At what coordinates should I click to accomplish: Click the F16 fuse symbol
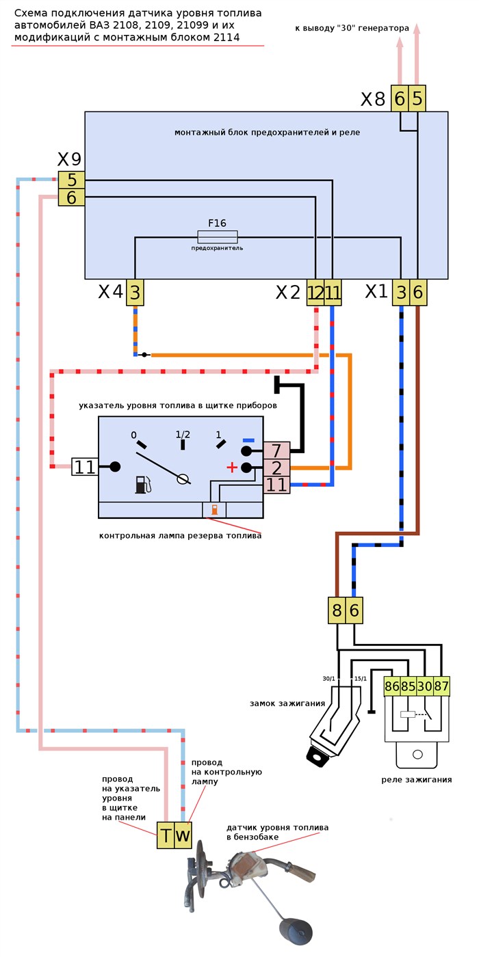[x=218, y=237]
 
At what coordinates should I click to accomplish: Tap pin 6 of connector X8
[x=400, y=100]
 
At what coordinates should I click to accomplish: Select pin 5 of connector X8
[x=417, y=100]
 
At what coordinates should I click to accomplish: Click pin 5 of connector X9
[x=71, y=180]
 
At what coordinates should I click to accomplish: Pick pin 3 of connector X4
[x=135, y=293]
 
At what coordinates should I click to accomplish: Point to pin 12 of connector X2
[x=315, y=293]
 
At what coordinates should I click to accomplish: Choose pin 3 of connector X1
[x=401, y=293]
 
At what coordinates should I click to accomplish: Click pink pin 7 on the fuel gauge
[x=277, y=451]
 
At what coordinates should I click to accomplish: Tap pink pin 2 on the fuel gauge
[x=277, y=468]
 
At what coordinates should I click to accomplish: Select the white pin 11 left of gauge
[x=85, y=468]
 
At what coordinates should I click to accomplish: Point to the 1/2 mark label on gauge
[x=183, y=435]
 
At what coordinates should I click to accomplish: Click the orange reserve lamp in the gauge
[x=215, y=510]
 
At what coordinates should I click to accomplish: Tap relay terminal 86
[x=393, y=686]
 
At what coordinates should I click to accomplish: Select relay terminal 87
[x=442, y=686]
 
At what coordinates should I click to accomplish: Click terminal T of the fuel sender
[x=166, y=835]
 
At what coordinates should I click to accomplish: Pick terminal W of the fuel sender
[x=183, y=835]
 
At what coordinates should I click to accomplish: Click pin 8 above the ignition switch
[x=337, y=610]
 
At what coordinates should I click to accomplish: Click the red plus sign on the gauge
[x=232, y=468]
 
